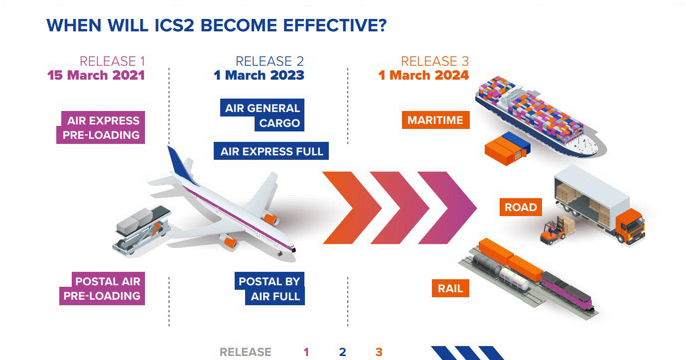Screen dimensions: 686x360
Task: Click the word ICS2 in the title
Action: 174,25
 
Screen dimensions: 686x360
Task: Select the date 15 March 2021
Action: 96,75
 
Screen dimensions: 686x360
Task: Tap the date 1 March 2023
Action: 259,75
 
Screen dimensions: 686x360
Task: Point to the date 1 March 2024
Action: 423,75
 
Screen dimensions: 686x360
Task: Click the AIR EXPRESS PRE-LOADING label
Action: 101,127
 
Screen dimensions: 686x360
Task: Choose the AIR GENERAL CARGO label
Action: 263,115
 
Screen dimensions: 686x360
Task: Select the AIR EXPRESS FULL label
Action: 272,151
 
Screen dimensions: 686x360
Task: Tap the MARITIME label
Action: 435,120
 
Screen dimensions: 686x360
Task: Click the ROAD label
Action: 521,207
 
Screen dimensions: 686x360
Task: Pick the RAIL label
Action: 450,288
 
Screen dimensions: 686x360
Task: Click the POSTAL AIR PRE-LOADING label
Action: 102,288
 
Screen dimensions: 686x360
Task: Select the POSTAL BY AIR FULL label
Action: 270,288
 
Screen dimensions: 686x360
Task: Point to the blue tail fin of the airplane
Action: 181,165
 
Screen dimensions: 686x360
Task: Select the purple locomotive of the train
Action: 566,291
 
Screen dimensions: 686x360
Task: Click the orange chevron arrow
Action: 352,208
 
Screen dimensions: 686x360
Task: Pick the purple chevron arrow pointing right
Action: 447,208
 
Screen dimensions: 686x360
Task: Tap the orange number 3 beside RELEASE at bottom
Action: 379,352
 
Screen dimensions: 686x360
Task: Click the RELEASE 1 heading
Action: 112,61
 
